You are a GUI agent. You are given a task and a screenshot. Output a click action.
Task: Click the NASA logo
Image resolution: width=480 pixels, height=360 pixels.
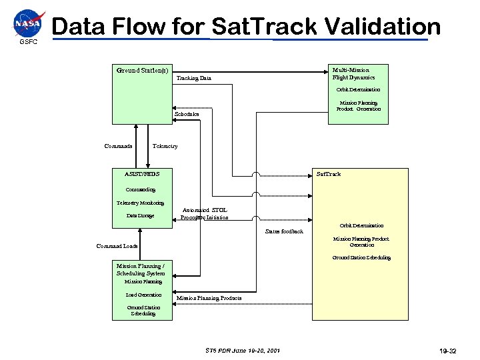point(29,23)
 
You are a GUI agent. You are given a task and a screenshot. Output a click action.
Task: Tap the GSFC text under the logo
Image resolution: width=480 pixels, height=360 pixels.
point(29,42)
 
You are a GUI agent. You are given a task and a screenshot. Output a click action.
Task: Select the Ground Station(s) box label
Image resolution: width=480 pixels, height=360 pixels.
point(142,70)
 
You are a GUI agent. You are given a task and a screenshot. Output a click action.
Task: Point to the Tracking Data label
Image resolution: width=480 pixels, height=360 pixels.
point(193,78)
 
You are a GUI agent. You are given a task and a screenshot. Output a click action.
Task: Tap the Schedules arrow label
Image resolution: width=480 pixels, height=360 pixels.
point(187,114)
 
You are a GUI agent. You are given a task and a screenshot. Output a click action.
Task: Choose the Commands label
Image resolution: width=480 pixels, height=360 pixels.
point(119,146)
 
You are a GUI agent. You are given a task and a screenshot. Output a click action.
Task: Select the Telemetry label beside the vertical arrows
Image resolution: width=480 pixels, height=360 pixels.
point(165,146)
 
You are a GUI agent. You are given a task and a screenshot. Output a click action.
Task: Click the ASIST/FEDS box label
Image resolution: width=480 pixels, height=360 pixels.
point(142,174)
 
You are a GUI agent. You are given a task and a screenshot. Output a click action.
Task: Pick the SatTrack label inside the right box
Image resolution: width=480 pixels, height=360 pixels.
point(328,174)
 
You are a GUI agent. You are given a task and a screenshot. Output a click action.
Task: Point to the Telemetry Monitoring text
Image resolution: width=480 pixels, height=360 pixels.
point(140,202)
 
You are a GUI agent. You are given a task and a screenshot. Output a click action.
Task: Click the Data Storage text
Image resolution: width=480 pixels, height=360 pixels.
point(140,215)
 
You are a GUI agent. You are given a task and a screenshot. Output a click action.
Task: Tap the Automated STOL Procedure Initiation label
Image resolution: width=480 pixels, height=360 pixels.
point(205,213)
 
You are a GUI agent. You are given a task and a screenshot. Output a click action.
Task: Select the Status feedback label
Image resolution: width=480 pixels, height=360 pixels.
point(284,231)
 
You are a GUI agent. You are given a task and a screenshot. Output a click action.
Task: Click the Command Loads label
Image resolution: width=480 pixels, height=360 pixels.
point(117,246)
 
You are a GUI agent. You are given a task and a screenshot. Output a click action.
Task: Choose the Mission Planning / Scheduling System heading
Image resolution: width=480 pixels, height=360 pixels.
point(140,269)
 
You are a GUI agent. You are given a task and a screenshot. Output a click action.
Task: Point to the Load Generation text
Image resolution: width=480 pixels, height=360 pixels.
point(143,295)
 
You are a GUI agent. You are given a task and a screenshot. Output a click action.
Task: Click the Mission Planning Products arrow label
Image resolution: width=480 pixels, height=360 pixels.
point(209,297)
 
